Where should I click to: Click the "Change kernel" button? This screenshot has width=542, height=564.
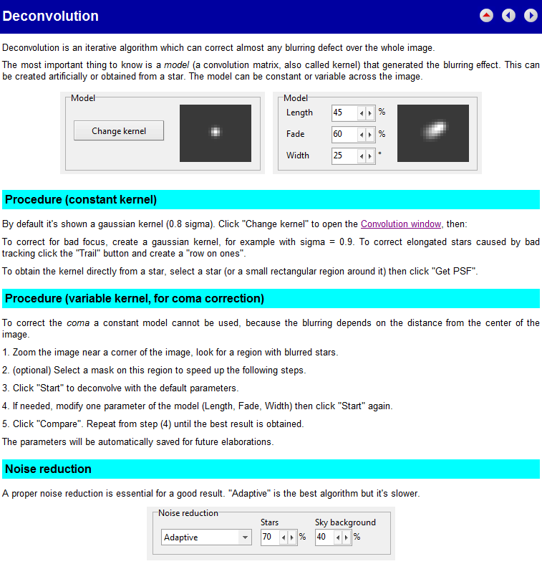coord(119,131)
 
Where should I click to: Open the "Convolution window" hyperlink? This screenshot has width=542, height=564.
coord(401,224)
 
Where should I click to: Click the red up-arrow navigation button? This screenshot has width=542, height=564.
coord(487,15)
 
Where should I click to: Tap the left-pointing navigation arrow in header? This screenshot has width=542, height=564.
coord(508,15)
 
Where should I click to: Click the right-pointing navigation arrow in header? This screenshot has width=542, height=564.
coord(531,15)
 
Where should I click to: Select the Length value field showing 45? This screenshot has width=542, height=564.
coord(344,113)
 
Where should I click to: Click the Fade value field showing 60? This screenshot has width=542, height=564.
coord(344,134)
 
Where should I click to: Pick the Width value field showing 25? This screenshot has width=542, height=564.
coord(344,156)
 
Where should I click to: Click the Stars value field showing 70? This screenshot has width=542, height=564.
coord(269,537)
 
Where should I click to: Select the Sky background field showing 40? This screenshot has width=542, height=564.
coord(324,537)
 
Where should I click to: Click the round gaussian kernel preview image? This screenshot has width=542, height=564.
coord(216,133)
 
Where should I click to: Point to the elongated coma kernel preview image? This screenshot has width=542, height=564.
coord(433,133)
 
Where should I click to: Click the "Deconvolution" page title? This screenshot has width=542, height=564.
coord(51,16)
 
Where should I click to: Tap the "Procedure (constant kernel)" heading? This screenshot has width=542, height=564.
coord(81,199)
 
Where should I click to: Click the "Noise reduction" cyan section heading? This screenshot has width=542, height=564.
coord(48,469)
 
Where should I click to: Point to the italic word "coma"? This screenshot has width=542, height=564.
coord(78,323)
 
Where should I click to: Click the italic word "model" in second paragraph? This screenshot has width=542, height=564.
coord(176,64)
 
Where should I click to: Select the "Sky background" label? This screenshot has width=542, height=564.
coord(345,522)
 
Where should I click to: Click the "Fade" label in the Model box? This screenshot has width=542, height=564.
coord(295,134)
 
